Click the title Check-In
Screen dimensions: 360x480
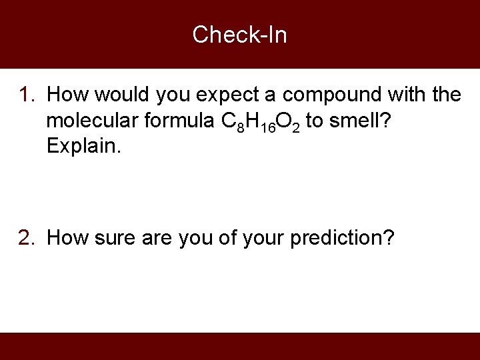pos(239,34)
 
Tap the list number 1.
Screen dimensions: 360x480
pos(27,95)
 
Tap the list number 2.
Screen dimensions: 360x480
pos(27,237)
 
